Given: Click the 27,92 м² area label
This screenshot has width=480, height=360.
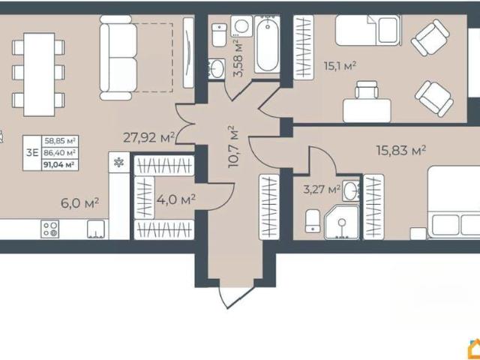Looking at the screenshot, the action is click(x=148, y=137).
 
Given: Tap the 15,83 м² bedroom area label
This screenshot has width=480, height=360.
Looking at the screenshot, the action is click(x=401, y=150).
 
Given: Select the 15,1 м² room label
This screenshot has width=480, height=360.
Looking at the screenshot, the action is click(x=340, y=66).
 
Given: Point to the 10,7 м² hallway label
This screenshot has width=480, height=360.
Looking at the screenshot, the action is click(x=234, y=146).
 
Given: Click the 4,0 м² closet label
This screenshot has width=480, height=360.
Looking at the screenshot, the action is click(x=176, y=200).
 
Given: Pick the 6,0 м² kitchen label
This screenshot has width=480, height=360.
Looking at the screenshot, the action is click(x=79, y=203).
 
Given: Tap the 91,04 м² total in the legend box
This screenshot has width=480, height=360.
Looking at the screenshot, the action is click(x=59, y=165).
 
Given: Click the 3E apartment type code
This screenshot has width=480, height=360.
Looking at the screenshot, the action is click(x=32, y=152).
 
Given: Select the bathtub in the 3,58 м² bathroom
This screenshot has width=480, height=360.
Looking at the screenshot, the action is click(x=267, y=44).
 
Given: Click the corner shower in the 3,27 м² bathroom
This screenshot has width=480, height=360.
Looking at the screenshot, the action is click(x=342, y=222).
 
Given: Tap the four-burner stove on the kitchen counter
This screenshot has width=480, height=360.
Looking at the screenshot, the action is click(x=50, y=229).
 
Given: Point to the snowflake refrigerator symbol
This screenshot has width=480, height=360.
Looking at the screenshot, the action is click(x=118, y=162).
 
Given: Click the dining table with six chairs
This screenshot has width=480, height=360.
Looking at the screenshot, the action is click(x=39, y=74).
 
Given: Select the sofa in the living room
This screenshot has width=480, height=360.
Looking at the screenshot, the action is click(x=118, y=58).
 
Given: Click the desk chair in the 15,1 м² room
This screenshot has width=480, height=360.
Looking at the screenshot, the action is click(x=367, y=90).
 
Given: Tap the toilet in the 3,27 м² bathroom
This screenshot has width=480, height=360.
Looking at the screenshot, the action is click(x=313, y=220).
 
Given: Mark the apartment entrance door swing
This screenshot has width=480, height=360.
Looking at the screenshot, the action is click(x=237, y=295).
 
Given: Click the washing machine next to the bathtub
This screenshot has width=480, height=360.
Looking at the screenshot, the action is click(x=241, y=26).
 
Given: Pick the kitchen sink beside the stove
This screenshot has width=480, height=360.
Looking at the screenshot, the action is click(x=96, y=229).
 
